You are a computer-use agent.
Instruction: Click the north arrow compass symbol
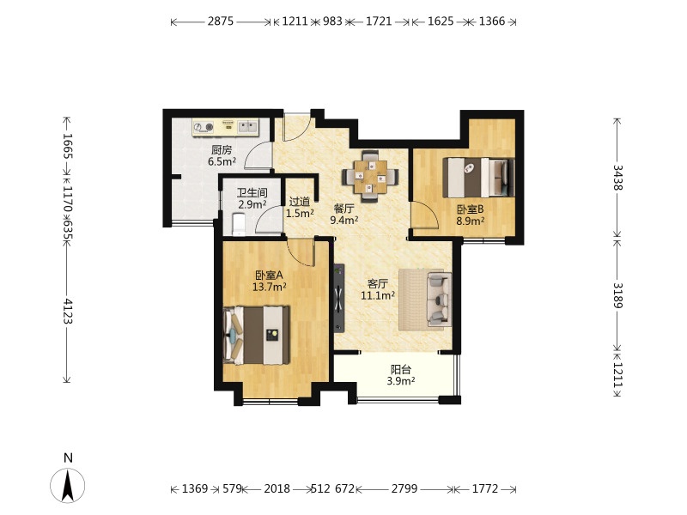pos(68,485)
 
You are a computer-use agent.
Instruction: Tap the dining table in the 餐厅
pos(371,177)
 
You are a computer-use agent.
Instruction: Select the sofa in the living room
pos(440,299)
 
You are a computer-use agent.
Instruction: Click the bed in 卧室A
pos(256,336)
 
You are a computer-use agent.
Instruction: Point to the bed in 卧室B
pos(479,178)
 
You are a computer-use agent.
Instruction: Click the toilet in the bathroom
pos(239,224)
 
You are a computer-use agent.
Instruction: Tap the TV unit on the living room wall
pos(339,298)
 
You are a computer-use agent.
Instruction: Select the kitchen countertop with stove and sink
pos(226,127)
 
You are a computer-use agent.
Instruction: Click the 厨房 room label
pos(222,150)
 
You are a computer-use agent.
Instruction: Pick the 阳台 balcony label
pos(401,370)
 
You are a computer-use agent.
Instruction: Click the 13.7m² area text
pos(270,287)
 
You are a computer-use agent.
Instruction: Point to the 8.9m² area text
pos(470,221)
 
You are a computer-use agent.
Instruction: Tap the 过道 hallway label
pos(300,202)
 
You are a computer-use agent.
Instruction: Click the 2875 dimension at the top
pos(221,21)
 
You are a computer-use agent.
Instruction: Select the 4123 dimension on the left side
pos(67,312)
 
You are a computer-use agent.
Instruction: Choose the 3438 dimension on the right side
pos(617,178)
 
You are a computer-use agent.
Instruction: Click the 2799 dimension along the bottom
pos(404,488)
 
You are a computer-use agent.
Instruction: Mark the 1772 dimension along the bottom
pos(485,488)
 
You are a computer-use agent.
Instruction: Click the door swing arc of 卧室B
pos(431,211)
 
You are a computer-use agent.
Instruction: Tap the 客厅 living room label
pos(378,284)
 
